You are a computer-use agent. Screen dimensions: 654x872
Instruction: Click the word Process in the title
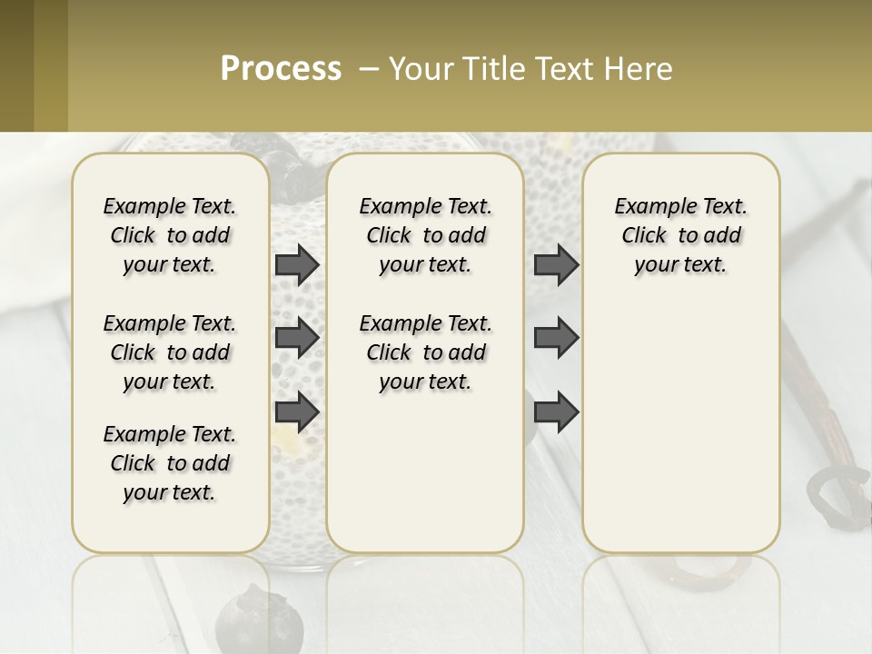[281, 69]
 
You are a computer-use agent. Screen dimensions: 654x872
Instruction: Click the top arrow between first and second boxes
[297, 264]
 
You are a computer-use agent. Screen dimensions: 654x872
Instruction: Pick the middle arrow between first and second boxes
[297, 338]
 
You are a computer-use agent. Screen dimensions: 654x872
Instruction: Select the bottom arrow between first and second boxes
[297, 411]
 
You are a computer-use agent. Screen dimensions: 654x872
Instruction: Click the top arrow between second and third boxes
[556, 264]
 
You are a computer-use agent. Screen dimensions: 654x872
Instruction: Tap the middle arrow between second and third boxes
[556, 338]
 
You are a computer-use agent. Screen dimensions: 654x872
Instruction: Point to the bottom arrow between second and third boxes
[556, 411]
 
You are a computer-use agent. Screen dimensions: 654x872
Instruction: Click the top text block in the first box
[170, 235]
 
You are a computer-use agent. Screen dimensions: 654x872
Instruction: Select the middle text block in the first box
[170, 352]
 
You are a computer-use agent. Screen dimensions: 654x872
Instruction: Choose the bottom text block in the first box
[170, 463]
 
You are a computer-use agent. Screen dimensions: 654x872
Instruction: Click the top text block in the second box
[425, 235]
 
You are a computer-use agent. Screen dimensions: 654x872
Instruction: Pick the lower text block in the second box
[425, 352]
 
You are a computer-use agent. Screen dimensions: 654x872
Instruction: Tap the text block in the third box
[680, 235]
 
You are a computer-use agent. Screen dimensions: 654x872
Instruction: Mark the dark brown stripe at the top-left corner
[16, 65]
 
